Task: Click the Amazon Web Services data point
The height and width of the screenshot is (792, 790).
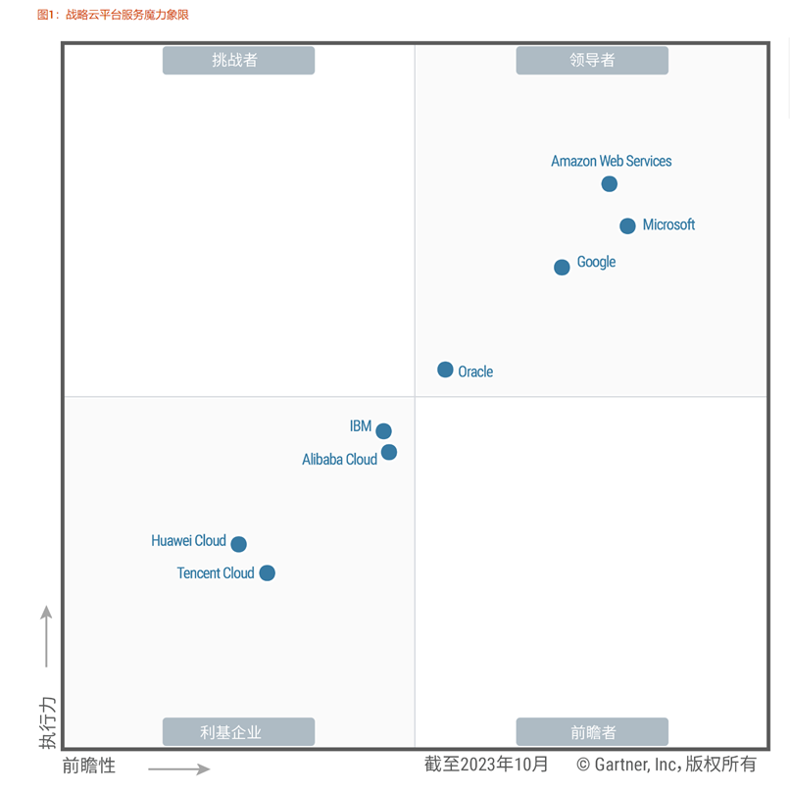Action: click(610, 184)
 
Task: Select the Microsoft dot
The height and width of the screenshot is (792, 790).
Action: click(627, 226)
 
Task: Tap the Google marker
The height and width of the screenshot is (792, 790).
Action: click(562, 268)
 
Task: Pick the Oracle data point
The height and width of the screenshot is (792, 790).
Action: click(445, 370)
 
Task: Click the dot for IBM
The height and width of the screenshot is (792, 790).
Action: click(383, 431)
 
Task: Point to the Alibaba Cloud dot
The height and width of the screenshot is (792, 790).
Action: click(389, 452)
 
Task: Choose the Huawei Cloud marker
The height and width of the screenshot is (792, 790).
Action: click(238, 544)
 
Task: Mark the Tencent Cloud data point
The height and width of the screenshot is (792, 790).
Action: click(267, 573)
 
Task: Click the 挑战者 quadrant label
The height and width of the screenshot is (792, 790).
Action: click(238, 61)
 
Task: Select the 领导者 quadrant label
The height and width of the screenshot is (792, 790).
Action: click(592, 61)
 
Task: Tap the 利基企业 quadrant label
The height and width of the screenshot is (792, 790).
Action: click(238, 732)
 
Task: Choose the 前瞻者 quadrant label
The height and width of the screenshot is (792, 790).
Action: click(592, 732)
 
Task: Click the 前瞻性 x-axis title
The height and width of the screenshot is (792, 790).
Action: click(89, 766)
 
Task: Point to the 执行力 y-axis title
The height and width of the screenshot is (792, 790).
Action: click(47, 723)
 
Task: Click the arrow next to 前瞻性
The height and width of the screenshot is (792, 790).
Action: click(179, 768)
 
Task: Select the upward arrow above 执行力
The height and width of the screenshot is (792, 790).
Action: click(46, 636)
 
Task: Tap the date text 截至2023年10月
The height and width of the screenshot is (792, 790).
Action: click(486, 765)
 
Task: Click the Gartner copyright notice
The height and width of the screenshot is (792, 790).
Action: click(667, 765)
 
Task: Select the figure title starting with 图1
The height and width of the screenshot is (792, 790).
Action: click(113, 15)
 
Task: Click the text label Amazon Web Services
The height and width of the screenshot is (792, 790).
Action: click(611, 161)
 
